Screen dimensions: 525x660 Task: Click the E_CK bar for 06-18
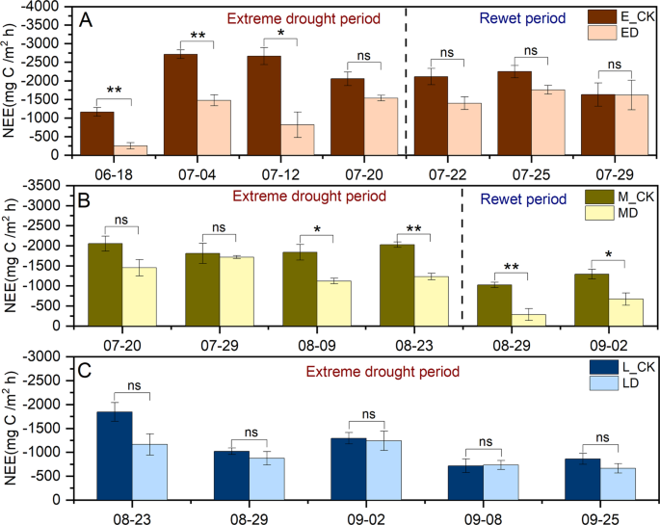96,133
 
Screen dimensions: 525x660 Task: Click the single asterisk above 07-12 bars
281,33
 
